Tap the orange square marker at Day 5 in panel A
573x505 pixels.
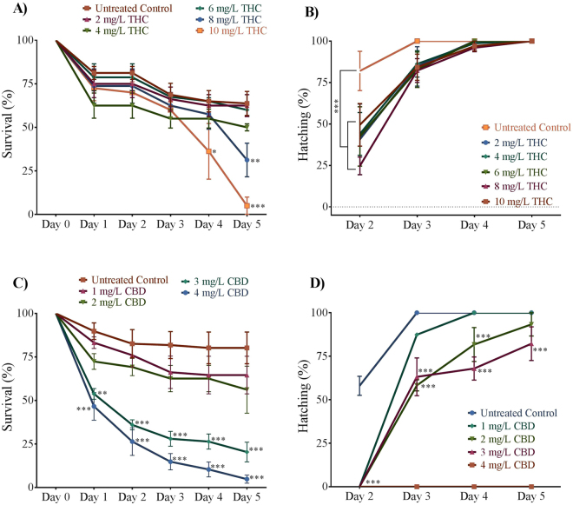(247, 205)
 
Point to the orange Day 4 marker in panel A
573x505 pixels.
(209, 151)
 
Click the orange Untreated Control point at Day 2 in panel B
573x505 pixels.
(360, 71)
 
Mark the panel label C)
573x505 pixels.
(15, 280)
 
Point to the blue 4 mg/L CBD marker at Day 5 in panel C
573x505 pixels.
(247, 478)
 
